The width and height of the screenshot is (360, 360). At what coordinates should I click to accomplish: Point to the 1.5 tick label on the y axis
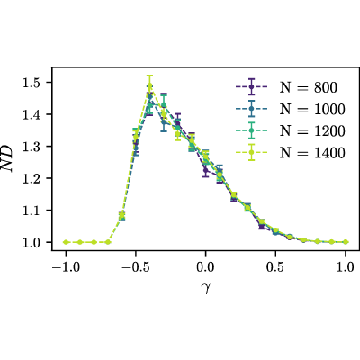tap(31, 83)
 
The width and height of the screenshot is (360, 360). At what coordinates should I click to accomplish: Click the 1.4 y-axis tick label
tap(31, 114)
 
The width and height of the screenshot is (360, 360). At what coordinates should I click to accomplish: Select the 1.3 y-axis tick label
tap(31, 147)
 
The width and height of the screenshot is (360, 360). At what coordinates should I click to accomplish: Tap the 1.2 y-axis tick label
tap(31, 178)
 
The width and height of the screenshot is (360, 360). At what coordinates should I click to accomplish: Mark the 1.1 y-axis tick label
tap(31, 211)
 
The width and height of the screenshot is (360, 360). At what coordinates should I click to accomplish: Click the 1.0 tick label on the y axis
tap(31, 242)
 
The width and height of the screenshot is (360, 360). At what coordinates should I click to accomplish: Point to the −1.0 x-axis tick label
tap(65, 266)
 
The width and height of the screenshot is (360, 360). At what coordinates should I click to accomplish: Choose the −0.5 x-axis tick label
tap(134, 266)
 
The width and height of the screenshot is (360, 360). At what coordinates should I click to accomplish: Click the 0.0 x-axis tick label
tap(205, 266)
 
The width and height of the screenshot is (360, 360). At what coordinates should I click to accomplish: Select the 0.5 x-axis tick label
tap(275, 266)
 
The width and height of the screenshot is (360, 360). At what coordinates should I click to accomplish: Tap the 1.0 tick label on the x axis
tap(346, 266)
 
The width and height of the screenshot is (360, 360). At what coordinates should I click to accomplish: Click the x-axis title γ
tap(205, 288)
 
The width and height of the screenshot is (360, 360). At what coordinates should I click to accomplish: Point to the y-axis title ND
tap(7, 158)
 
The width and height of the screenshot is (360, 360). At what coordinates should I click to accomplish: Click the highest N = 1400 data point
tap(149, 85)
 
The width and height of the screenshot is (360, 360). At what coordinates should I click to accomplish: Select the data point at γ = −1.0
tap(66, 242)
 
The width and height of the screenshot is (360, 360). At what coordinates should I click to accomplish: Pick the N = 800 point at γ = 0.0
tap(205, 170)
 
